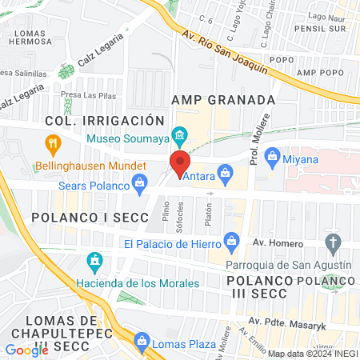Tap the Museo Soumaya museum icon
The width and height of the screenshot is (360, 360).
(x=180, y=134)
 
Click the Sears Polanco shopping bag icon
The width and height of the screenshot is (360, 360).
(x=141, y=185)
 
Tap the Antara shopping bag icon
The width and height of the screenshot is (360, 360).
(x=226, y=172)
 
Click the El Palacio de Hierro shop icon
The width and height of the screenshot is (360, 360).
(x=233, y=240)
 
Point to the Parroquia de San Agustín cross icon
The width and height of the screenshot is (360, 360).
(x=334, y=242)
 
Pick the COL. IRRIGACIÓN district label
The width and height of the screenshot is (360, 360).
(x=98, y=120)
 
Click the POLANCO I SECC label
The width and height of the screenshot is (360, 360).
(x=90, y=218)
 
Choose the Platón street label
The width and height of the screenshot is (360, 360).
(x=208, y=214)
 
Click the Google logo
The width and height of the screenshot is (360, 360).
(x=26, y=350)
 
